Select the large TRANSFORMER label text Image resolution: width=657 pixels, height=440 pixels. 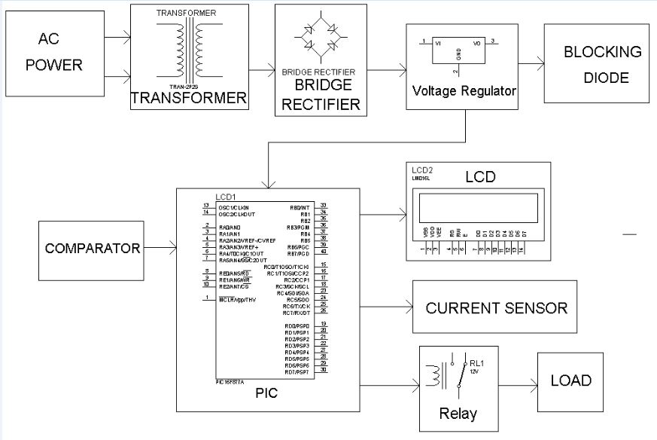pyautogui.click(x=188, y=99)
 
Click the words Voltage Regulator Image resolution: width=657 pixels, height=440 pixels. pyautogui.click(x=464, y=91)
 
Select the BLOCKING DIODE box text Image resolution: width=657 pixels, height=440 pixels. pyautogui.click(x=602, y=65)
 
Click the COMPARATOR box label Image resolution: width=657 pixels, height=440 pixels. pyautogui.click(x=92, y=249)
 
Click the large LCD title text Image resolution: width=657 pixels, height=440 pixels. pyautogui.click(x=480, y=178)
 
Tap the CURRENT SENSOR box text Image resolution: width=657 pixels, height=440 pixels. pyautogui.click(x=496, y=308)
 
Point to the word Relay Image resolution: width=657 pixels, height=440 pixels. pyautogui.click(x=458, y=414)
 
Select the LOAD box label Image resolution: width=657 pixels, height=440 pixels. pyautogui.click(x=570, y=381)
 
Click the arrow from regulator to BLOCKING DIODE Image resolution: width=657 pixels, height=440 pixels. pyautogui.click(x=531, y=65)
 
